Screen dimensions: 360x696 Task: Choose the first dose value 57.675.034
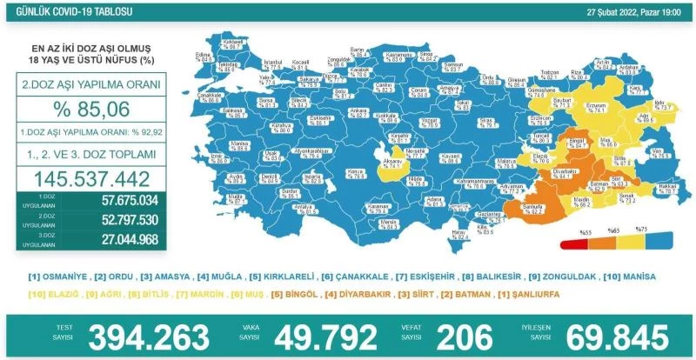(x=122, y=201)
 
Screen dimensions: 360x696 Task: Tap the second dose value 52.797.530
(x=122, y=221)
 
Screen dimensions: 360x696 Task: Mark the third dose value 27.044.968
(x=122, y=241)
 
